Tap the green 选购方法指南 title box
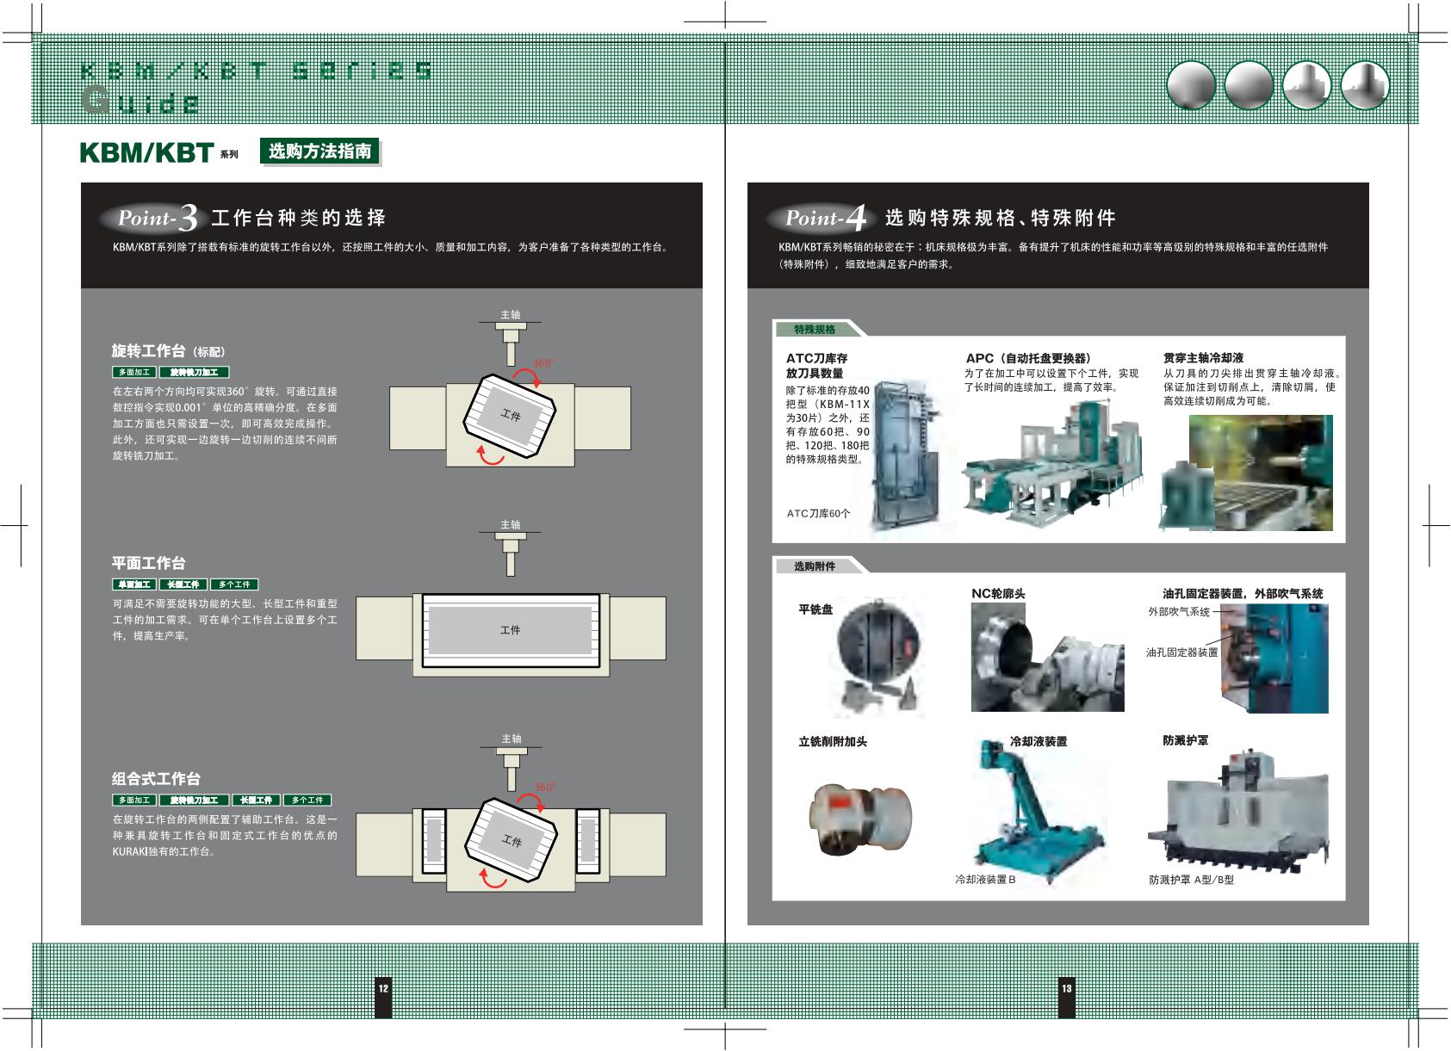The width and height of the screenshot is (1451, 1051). tap(319, 151)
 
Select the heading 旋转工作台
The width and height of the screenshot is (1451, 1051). tap(149, 351)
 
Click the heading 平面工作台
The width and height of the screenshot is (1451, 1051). tap(149, 563)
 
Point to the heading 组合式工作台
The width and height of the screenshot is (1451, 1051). tap(156, 779)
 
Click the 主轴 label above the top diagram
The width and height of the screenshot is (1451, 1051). tap(511, 315)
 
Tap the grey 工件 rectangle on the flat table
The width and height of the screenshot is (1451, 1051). tap(510, 630)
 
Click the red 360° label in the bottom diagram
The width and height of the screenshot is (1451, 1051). tap(544, 787)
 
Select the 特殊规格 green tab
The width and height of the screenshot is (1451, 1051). tap(815, 330)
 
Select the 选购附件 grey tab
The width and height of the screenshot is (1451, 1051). tap(815, 566)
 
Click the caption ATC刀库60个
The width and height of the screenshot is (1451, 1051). tap(818, 514)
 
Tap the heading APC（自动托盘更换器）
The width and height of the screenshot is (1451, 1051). tap(1028, 358)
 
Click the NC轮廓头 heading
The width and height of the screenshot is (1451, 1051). tap(998, 594)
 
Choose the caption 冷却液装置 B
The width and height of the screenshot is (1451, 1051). tap(985, 880)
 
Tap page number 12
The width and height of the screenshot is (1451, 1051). tap(383, 988)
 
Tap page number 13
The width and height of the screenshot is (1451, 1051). tap(1066, 988)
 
